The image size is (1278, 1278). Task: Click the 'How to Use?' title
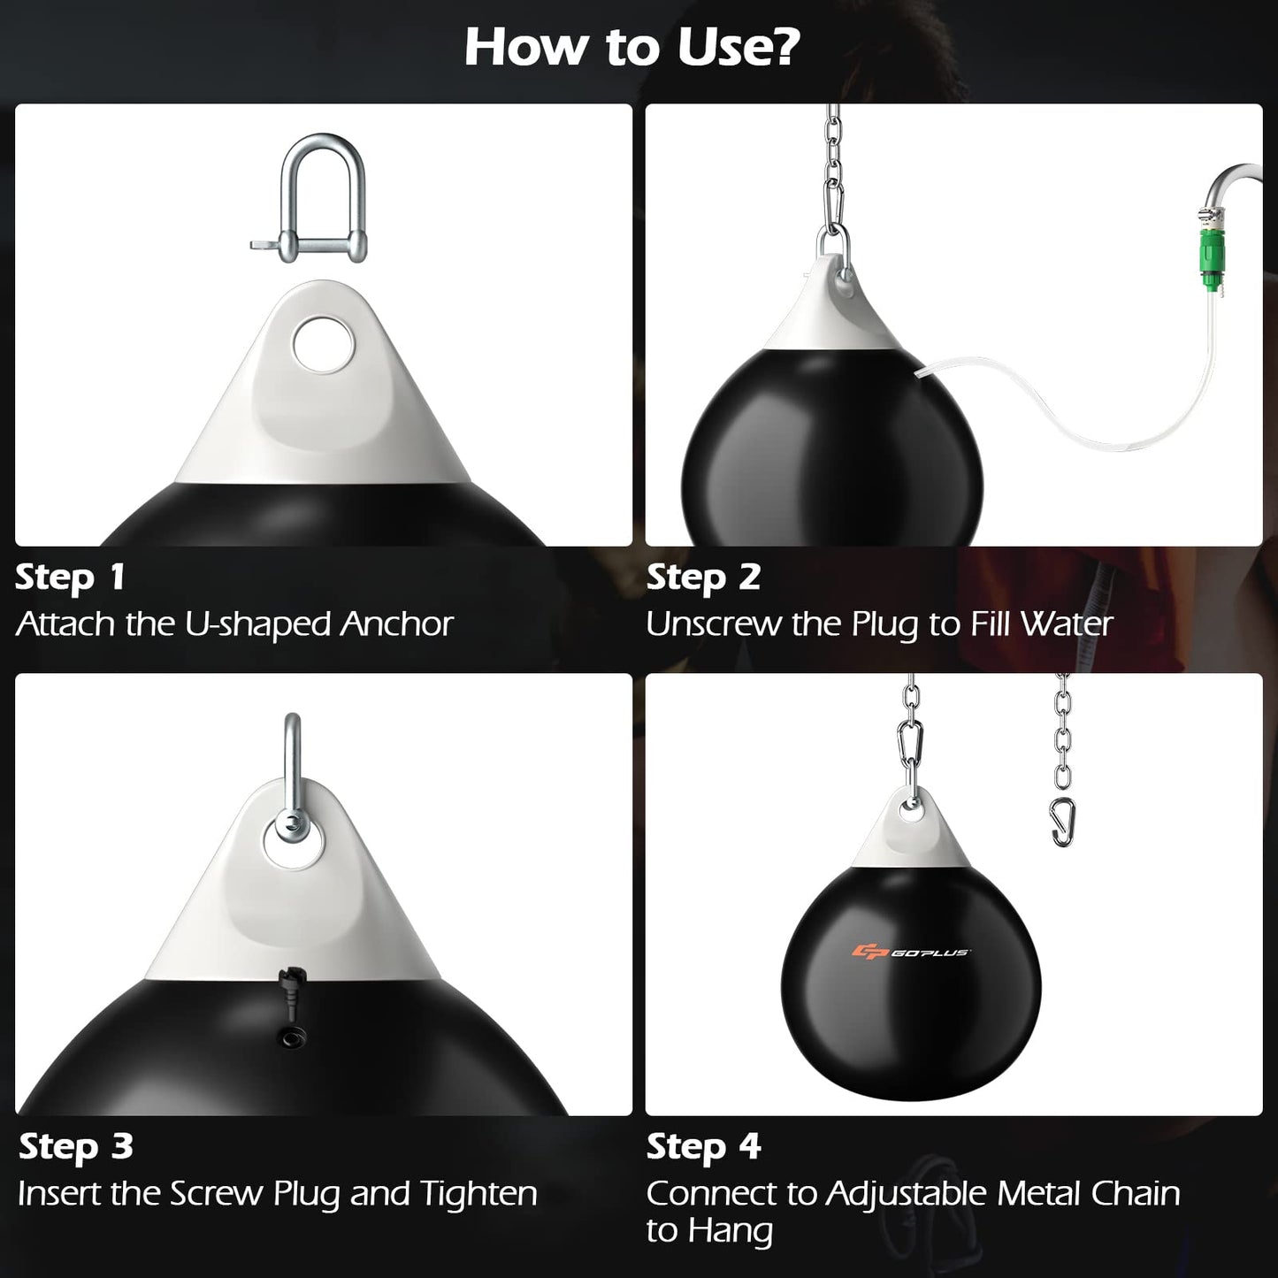pyautogui.click(x=631, y=47)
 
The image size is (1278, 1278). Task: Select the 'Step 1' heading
pyautogui.click(x=70, y=577)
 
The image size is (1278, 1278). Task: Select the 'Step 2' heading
pyautogui.click(x=703, y=577)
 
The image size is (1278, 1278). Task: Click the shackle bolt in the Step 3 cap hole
pyautogui.click(x=288, y=828)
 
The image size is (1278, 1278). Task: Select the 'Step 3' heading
pyautogui.click(x=76, y=1146)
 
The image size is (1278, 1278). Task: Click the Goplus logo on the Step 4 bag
pyautogui.click(x=911, y=952)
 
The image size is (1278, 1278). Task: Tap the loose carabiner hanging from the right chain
pyautogui.click(x=1062, y=822)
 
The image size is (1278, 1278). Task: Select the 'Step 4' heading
pyautogui.click(x=703, y=1146)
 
